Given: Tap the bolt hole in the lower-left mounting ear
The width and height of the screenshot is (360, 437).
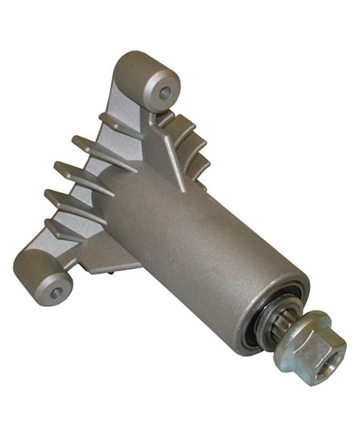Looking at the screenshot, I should tap(54, 290).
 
